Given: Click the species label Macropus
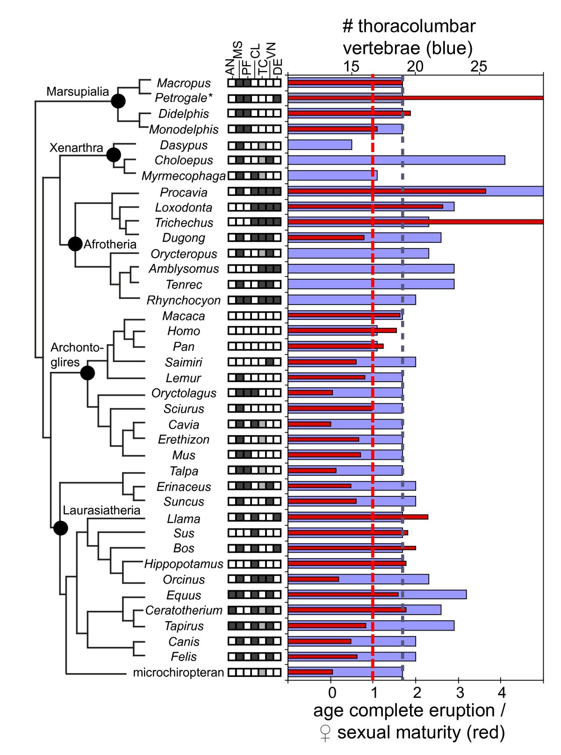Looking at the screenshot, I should tap(184, 83).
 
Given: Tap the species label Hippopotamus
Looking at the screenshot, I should tap(184, 564).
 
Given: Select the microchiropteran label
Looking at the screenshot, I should tap(179, 673).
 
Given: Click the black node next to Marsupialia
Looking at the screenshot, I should tap(118, 101).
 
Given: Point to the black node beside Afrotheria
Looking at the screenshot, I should tap(75, 244).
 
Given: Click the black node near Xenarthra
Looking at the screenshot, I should tap(114, 154).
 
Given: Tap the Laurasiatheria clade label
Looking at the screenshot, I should tap(101, 510).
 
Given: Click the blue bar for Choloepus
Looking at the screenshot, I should tap(396, 160).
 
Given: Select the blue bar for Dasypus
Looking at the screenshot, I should tap(320, 145).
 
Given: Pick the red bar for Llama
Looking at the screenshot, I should tap(358, 517).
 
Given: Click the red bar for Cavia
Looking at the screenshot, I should tap(309, 424).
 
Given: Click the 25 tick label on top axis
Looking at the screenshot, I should tap(479, 66).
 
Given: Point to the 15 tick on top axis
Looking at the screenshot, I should tap(352, 66).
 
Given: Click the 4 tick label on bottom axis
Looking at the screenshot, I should tap(501, 691).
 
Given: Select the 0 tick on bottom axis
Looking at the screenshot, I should tap(331, 691).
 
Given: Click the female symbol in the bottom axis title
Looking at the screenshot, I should tap(324, 733).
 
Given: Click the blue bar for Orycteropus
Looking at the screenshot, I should tap(358, 254).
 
